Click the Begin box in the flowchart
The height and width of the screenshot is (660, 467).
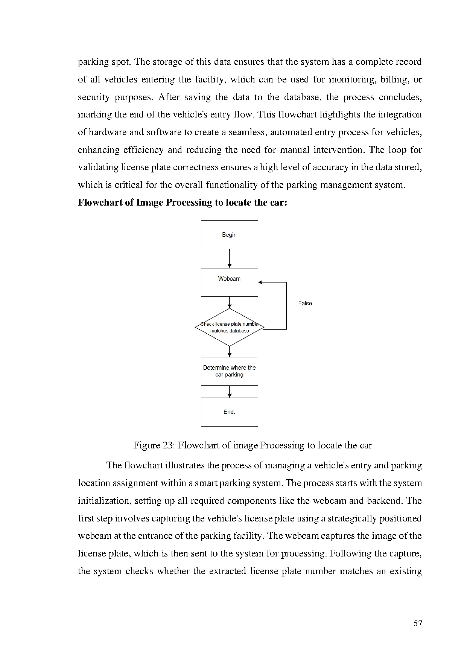(x=229, y=235)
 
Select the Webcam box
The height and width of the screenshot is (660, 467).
(x=229, y=282)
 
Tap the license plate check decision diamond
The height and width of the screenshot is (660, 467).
(x=229, y=327)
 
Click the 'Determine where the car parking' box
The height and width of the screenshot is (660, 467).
(x=229, y=371)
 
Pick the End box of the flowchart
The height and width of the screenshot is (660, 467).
(x=229, y=412)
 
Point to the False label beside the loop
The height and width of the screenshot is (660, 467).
(x=305, y=303)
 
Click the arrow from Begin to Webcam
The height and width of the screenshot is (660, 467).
(x=230, y=258)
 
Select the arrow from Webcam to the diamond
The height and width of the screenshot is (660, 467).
(x=230, y=302)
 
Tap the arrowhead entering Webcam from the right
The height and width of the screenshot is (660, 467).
(x=260, y=282)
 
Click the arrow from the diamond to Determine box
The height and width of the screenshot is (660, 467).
(x=230, y=351)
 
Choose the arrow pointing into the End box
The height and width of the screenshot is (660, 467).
(x=230, y=392)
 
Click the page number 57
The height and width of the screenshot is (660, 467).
(x=418, y=623)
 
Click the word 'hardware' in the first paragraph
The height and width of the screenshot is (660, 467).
(x=108, y=132)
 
